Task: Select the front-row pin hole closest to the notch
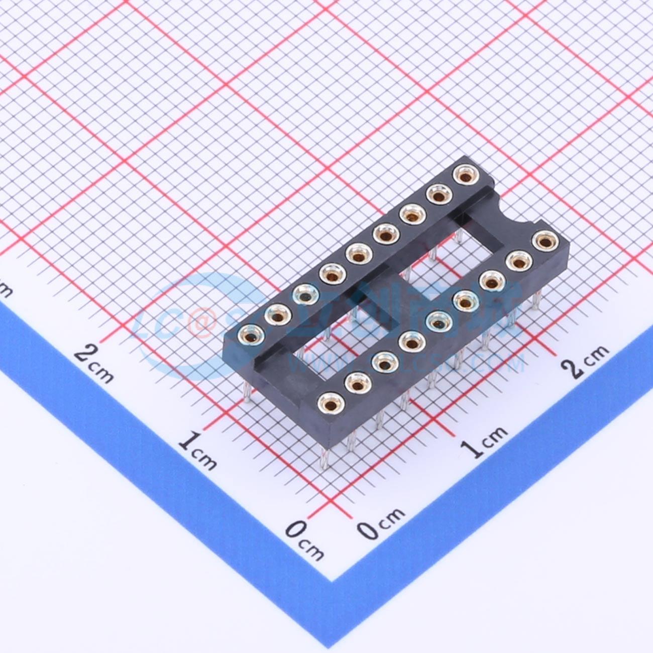point(545,241)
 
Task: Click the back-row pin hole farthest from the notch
point(251,334)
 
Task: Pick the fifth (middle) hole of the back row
point(358,255)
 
